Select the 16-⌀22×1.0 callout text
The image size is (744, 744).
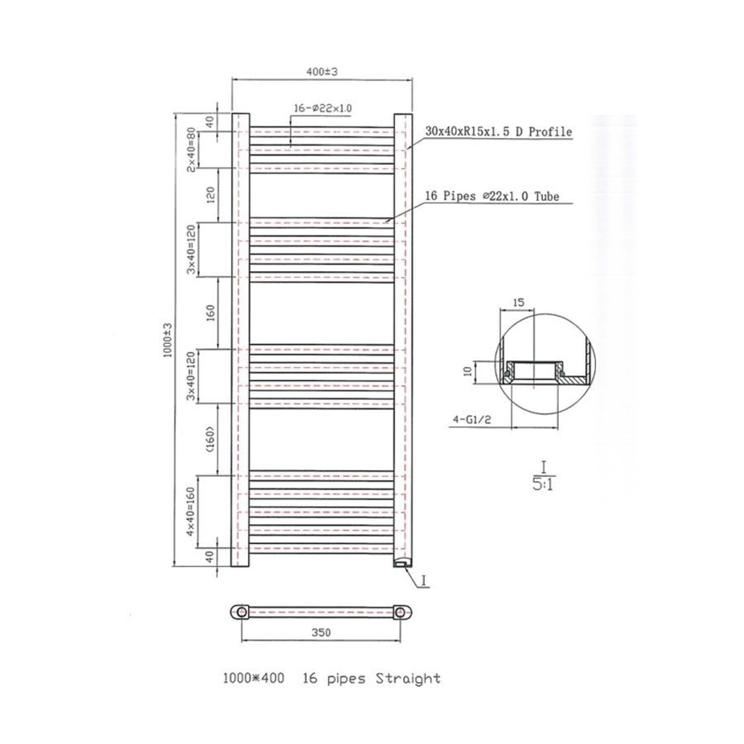322,108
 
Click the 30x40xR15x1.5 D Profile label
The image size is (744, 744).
498,131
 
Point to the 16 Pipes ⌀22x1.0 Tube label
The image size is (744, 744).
493,196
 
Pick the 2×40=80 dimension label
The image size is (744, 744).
191,149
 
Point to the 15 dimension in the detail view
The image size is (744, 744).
518,303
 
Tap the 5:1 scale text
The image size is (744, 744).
545,484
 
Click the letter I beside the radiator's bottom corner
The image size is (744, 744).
422,581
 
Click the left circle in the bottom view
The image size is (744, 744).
241,612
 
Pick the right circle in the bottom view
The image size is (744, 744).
401,612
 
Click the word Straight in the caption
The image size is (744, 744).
408,679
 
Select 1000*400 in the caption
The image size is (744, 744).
253,679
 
